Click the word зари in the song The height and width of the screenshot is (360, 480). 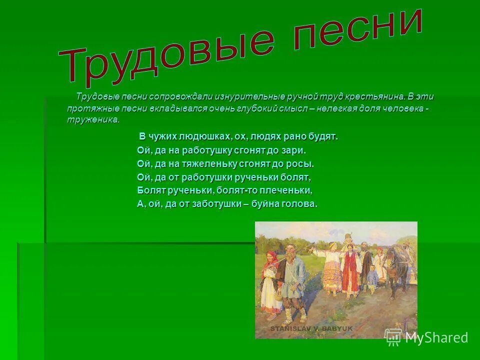point(295,150)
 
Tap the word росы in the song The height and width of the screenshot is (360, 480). point(303,163)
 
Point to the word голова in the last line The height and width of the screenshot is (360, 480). point(300,204)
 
